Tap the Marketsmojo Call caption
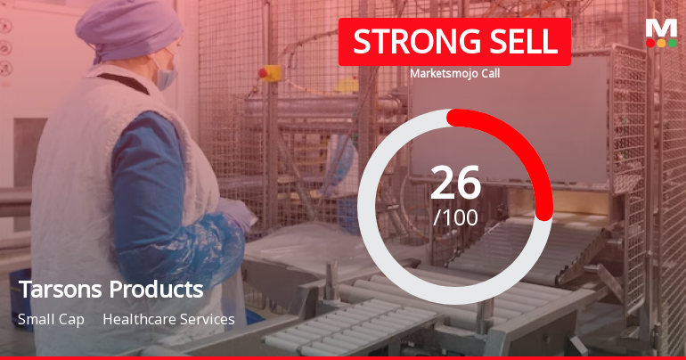tap(454, 74)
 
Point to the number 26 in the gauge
tap(455, 183)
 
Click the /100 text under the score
tap(455, 217)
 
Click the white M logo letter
tap(660, 28)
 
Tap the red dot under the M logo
tap(649, 43)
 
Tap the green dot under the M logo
tap(672, 43)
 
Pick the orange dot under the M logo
tap(660, 43)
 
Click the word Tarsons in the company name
tap(60, 290)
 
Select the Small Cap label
tap(50, 319)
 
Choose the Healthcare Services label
tap(168, 319)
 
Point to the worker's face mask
tap(166, 74)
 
